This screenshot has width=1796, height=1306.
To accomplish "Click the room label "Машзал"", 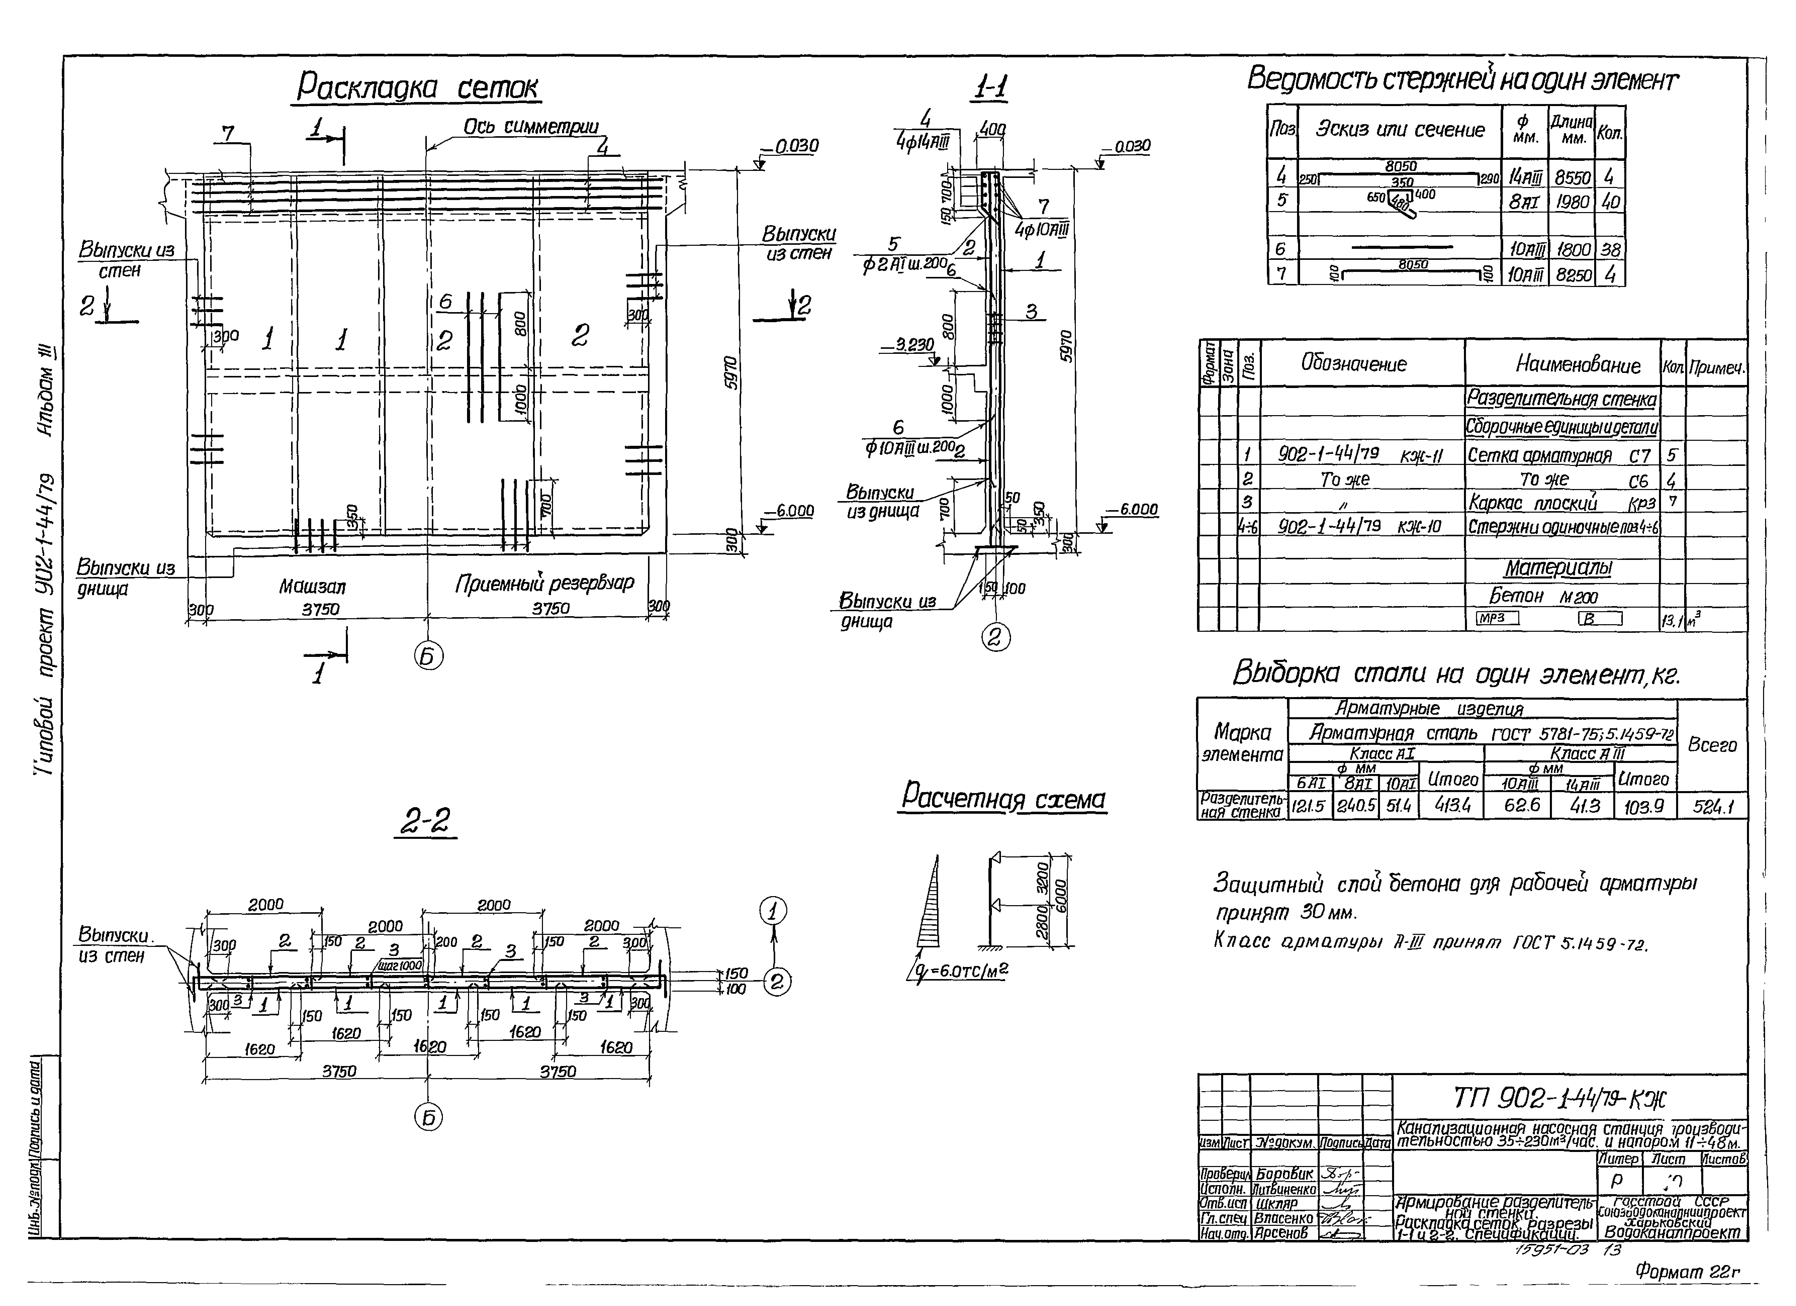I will (x=312, y=587).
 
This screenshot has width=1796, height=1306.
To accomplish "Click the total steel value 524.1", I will (x=1713, y=807).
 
